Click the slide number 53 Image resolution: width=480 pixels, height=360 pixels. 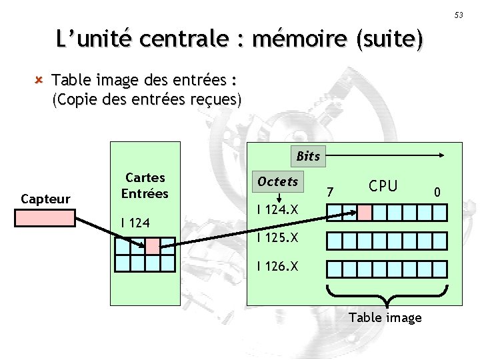click(x=459, y=15)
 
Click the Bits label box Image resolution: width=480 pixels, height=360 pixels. click(x=308, y=157)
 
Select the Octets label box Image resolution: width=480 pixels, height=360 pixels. click(x=278, y=182)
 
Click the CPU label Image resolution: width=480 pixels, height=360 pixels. click(x=383, y=186)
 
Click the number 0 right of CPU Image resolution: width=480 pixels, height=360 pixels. click(x=437, y=193)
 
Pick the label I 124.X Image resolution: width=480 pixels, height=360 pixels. click(x=279, y=211)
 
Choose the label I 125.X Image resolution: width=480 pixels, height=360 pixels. click(x=278, y=238)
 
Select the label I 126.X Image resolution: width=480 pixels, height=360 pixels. click(x=278, y=267)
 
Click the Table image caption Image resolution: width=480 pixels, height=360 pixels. click(x=385, y=317)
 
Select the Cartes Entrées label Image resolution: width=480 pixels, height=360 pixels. click(x=145, y=186)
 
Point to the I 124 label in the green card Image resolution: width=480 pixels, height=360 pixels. click(x=135, y=222)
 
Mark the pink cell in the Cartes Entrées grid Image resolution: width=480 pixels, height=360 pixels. click(x=153, y=246)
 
